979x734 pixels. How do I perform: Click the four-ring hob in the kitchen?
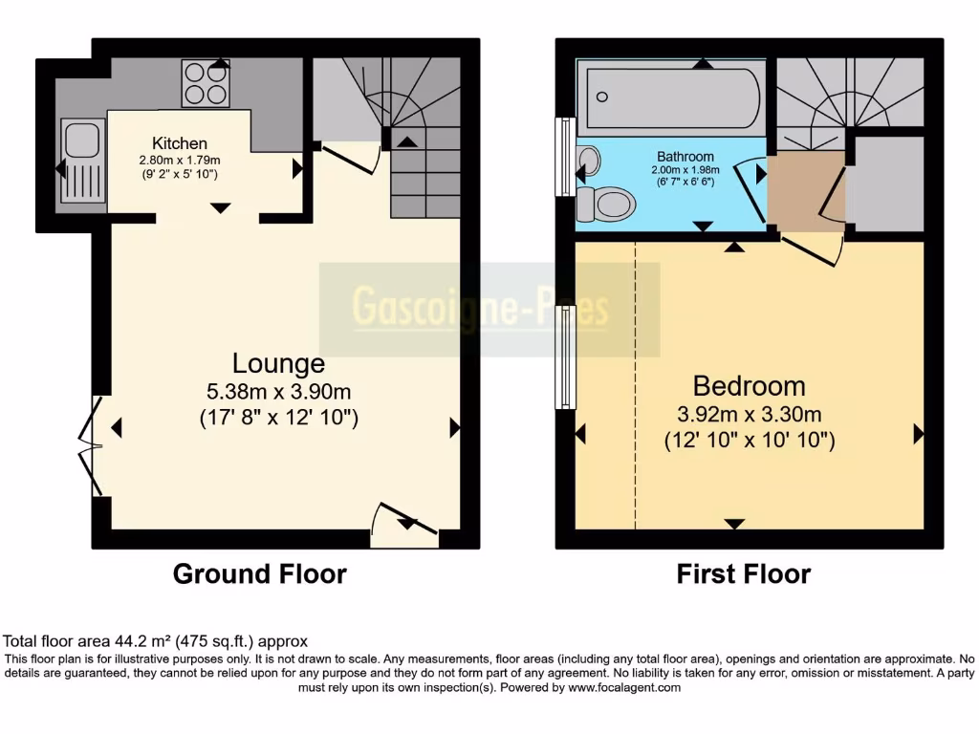206,83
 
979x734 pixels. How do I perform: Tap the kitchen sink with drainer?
80,161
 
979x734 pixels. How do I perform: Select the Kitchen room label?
179,143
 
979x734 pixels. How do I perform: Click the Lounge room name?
278,363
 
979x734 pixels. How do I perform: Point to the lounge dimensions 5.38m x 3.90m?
278,391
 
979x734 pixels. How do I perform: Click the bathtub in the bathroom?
673,97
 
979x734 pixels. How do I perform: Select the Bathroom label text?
685,157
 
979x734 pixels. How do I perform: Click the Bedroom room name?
749,386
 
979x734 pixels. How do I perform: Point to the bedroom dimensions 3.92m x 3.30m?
750,414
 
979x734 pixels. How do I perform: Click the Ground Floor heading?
259,573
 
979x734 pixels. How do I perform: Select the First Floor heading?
743,573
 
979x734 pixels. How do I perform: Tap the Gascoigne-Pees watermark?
481,309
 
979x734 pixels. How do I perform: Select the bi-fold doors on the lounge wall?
92,446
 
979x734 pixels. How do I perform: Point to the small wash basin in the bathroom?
589,160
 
